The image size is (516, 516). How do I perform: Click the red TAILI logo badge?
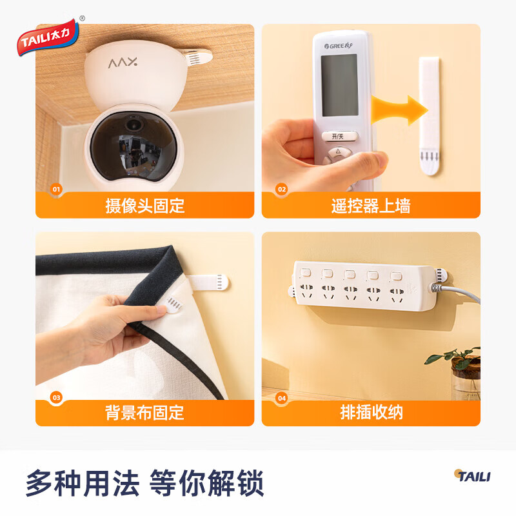click(x=48, y=37)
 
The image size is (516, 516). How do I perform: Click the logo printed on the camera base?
click(x=123, y=62)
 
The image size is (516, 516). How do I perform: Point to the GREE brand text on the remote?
click(x=338, y=46)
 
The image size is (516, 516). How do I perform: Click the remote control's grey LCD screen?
click(x=339, y=85)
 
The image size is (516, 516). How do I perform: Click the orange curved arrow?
click(x=399, y=110)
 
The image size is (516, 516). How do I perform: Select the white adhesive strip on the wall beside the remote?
click(x=429, y=115)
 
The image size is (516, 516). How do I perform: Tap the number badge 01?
click(x=56, y=189)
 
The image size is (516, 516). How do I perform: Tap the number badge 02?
click(x=282, y=189)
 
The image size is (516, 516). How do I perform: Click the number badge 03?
click(x=56, y=397)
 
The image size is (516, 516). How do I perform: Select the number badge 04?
click(x=282, y=398)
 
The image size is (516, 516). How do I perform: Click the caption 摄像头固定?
click(x=144, y=206)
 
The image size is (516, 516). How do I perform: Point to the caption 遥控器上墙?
click(x=371, y=206)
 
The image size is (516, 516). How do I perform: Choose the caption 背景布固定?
click(x=144, y=413)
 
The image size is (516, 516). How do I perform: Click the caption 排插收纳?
click(x=372, y=412)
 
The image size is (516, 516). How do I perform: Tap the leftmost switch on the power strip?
click(x=306, y=272)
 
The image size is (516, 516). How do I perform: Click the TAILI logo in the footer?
click(x=472, y=476)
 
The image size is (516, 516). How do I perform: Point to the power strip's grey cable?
click(x=457, y=292)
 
